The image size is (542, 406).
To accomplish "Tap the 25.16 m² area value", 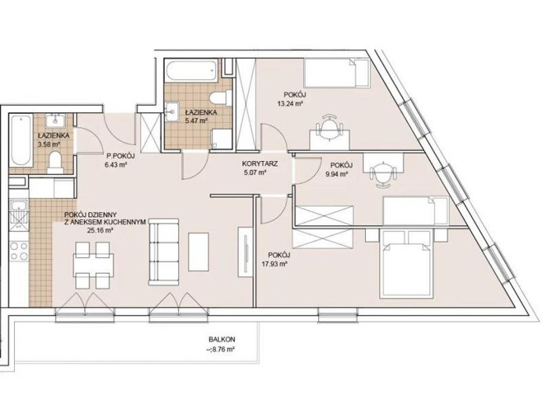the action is coord(100,231).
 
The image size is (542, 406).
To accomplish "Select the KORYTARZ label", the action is coord(260,164).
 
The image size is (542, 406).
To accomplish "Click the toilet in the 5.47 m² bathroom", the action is coord(221,97).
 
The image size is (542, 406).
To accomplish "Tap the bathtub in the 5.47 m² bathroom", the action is coord(192,70).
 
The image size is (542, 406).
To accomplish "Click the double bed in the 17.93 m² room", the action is coord(406,264).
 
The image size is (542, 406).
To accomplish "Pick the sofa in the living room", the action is coord(163,252).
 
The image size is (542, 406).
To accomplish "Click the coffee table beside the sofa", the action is coord(199,252).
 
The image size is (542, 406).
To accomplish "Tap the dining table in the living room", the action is coord(93,265).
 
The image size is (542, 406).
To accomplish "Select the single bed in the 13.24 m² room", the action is coord(337,73).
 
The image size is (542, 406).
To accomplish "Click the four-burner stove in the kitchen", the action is coord(19,251).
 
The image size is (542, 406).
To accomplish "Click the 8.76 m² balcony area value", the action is coord(221,349).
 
